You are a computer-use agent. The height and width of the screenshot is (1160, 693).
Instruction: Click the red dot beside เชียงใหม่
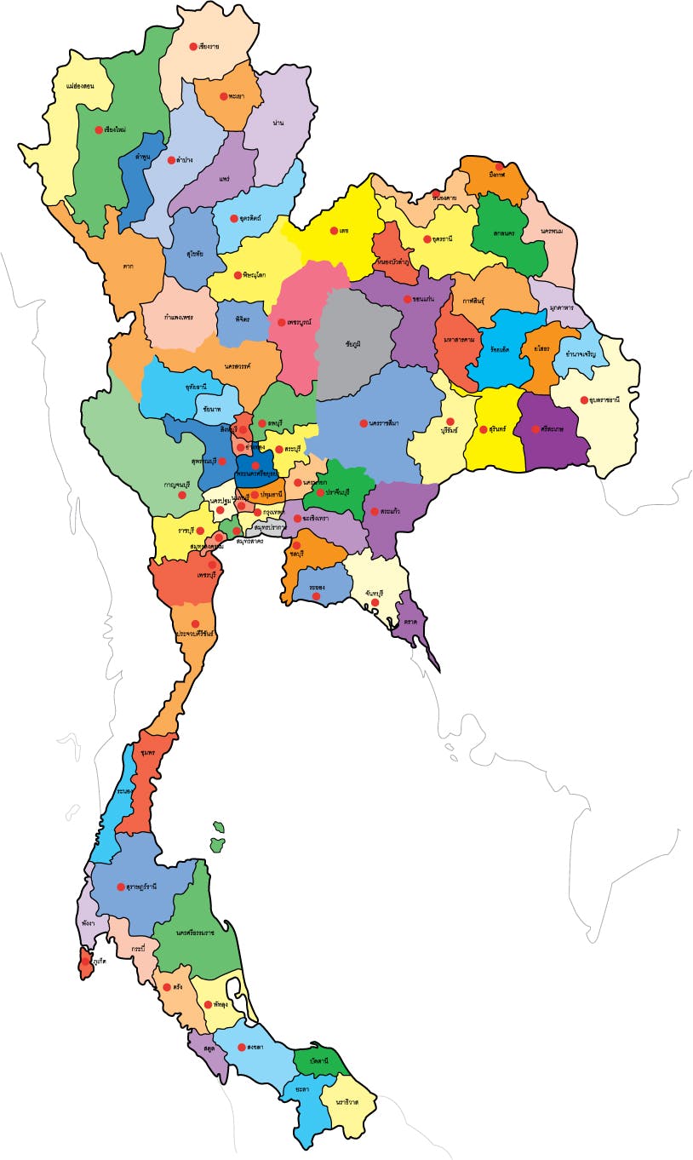point(99,130)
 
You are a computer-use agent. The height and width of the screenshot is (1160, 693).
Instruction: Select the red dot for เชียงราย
point(193,46)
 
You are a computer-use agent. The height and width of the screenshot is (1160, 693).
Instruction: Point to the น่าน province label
point(278,123)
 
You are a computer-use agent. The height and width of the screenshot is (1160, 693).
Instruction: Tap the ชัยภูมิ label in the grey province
point(353,343)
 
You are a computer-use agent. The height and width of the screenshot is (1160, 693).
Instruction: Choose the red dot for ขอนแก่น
point(407,299)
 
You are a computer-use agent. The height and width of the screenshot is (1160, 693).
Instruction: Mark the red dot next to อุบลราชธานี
point(583,399)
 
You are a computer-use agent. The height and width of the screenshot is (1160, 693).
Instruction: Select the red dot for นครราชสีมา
point(364,423)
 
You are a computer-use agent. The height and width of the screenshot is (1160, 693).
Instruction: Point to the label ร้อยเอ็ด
point(499,349)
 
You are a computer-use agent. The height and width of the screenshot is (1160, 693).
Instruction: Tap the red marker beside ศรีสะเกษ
point(535,429)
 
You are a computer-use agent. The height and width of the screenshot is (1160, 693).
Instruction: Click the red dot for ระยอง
point(316,596)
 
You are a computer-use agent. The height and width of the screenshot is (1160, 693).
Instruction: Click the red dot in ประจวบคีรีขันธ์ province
point(195,623)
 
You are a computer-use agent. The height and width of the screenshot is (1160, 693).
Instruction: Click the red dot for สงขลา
point(241,1048)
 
